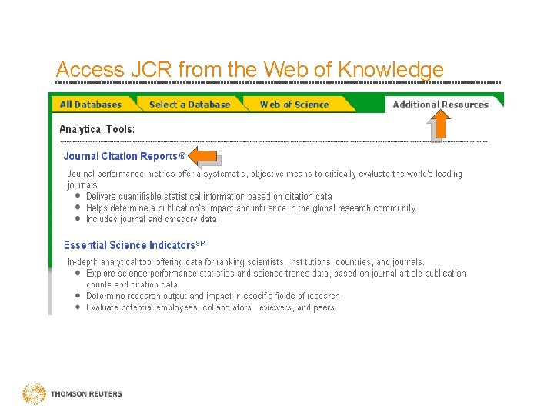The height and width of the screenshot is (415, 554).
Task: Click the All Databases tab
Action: (x=90, y=105)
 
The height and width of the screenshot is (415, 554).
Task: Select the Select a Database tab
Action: (x=189, y=105)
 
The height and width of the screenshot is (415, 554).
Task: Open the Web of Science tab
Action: (x=294, y=105)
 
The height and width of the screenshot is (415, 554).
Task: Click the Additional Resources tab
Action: (x=440, y=105)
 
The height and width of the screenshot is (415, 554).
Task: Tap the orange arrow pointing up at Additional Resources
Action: (x=439, y=124)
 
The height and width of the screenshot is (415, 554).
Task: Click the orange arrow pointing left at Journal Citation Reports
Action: (x=203, y=156)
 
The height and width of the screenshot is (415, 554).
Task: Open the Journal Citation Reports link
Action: (x=120, y=157)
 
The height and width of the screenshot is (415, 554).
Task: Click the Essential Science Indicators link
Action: (x=129, y=245)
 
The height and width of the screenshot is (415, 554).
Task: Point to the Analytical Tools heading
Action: (x=97, y=129)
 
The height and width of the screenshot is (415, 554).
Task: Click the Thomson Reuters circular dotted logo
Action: (x=34, y=393)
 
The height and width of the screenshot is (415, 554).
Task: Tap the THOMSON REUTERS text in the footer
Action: (x=86, y=394)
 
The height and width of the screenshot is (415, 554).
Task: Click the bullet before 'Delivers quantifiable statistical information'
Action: (x=78, y=197)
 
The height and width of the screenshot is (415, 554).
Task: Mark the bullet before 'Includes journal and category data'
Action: (x=78, y=219)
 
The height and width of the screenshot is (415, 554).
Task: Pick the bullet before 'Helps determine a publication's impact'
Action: (x=78, y=207)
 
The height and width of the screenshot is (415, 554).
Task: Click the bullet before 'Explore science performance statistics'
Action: (x=78, y=273)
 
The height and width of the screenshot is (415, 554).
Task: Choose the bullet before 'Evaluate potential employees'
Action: (x=78, y=307)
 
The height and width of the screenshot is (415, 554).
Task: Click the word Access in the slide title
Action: (x=89, y=70)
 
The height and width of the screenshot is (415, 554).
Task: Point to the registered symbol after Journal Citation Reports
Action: (x=182, y=156)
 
